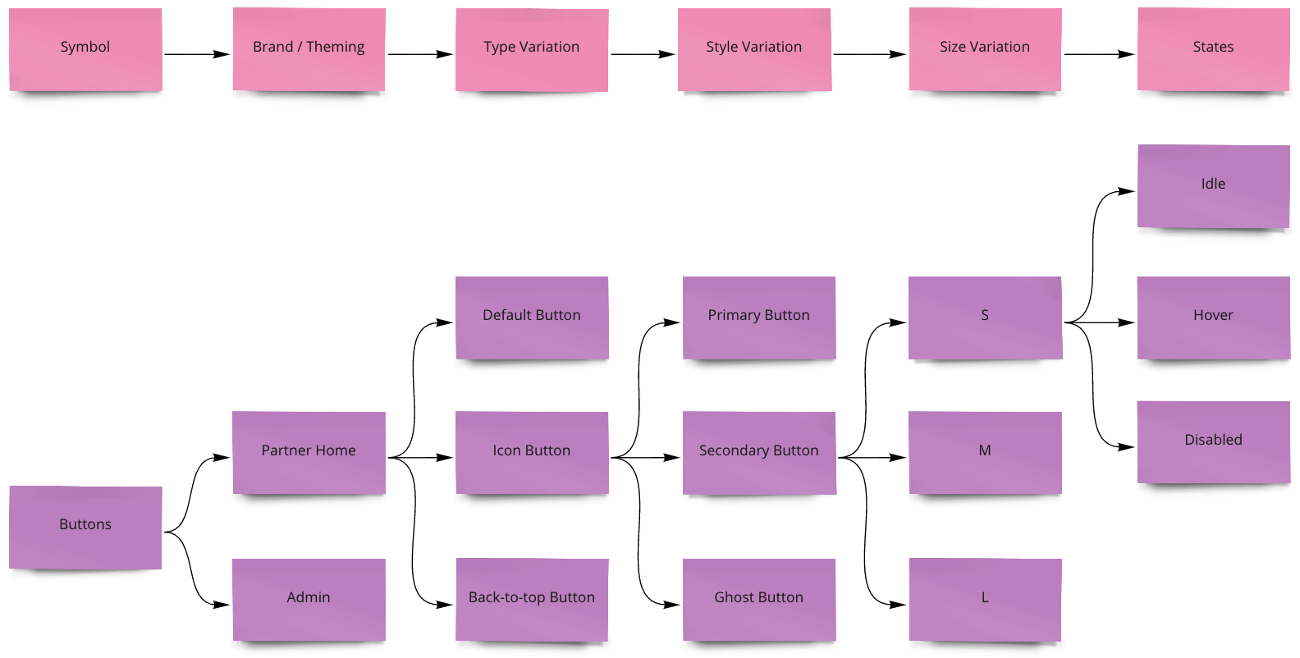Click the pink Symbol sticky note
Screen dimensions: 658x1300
85,49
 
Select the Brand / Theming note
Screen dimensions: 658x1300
309,49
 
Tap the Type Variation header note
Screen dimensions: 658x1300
532,49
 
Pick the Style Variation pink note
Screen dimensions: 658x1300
754,49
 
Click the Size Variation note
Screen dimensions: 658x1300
985,49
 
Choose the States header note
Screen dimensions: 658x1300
1213,49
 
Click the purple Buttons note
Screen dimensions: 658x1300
85,527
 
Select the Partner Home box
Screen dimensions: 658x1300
309,452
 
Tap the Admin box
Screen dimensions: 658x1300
309,599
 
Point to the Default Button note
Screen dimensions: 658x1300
532,318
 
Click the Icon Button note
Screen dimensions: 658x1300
532,452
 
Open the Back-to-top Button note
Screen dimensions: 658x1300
532,599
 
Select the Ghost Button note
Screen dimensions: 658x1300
759,599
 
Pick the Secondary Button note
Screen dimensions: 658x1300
759,452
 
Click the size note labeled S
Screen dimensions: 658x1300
985,318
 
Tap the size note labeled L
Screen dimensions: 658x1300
985,599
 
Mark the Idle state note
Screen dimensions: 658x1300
1213,186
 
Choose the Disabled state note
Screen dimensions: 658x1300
1213,441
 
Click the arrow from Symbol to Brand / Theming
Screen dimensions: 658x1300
197,54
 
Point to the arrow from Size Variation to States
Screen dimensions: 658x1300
1099,54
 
